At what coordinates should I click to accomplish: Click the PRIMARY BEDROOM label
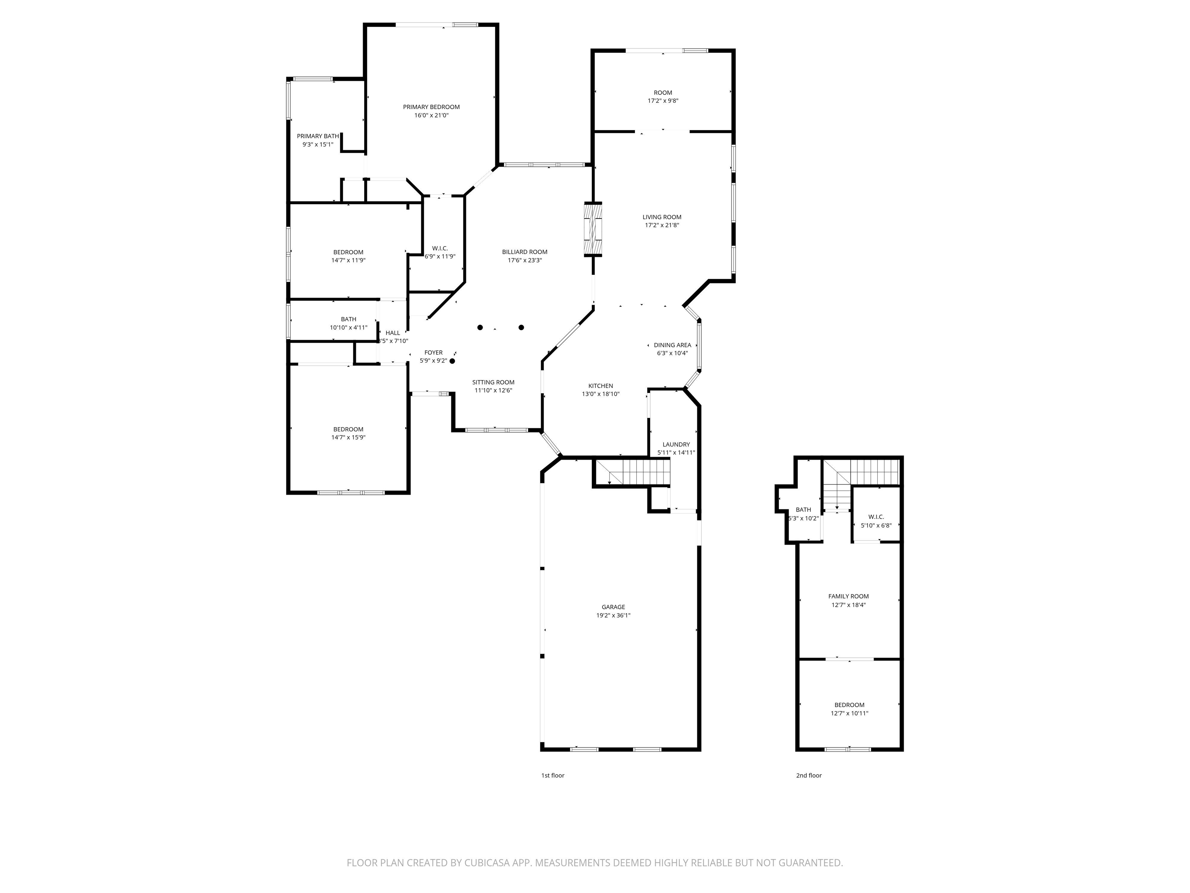point(432,107)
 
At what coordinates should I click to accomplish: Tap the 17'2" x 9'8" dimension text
point(663,101)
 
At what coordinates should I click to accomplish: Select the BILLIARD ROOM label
point(524,252)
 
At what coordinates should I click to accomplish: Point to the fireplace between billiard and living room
point(593,229)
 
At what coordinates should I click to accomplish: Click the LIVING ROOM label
point(662,217)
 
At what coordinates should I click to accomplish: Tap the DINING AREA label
point(672,345)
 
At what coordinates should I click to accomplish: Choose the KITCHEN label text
point(600,386)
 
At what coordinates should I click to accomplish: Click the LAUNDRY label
point(676,445)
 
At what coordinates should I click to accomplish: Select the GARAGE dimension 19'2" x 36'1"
point(613,615)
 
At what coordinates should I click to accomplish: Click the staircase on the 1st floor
point(633,472)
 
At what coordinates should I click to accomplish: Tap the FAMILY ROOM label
point(848,596)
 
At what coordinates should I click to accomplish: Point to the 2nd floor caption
point(809,776)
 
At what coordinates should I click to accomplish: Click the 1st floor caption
point(552,776)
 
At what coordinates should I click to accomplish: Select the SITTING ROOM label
point(494,383)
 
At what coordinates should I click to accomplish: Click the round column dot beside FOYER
point(452,361)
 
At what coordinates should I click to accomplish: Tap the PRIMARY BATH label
point(318,136)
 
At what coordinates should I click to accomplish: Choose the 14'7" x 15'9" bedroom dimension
point(349,438)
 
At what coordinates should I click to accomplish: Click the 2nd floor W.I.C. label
point(876,517)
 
